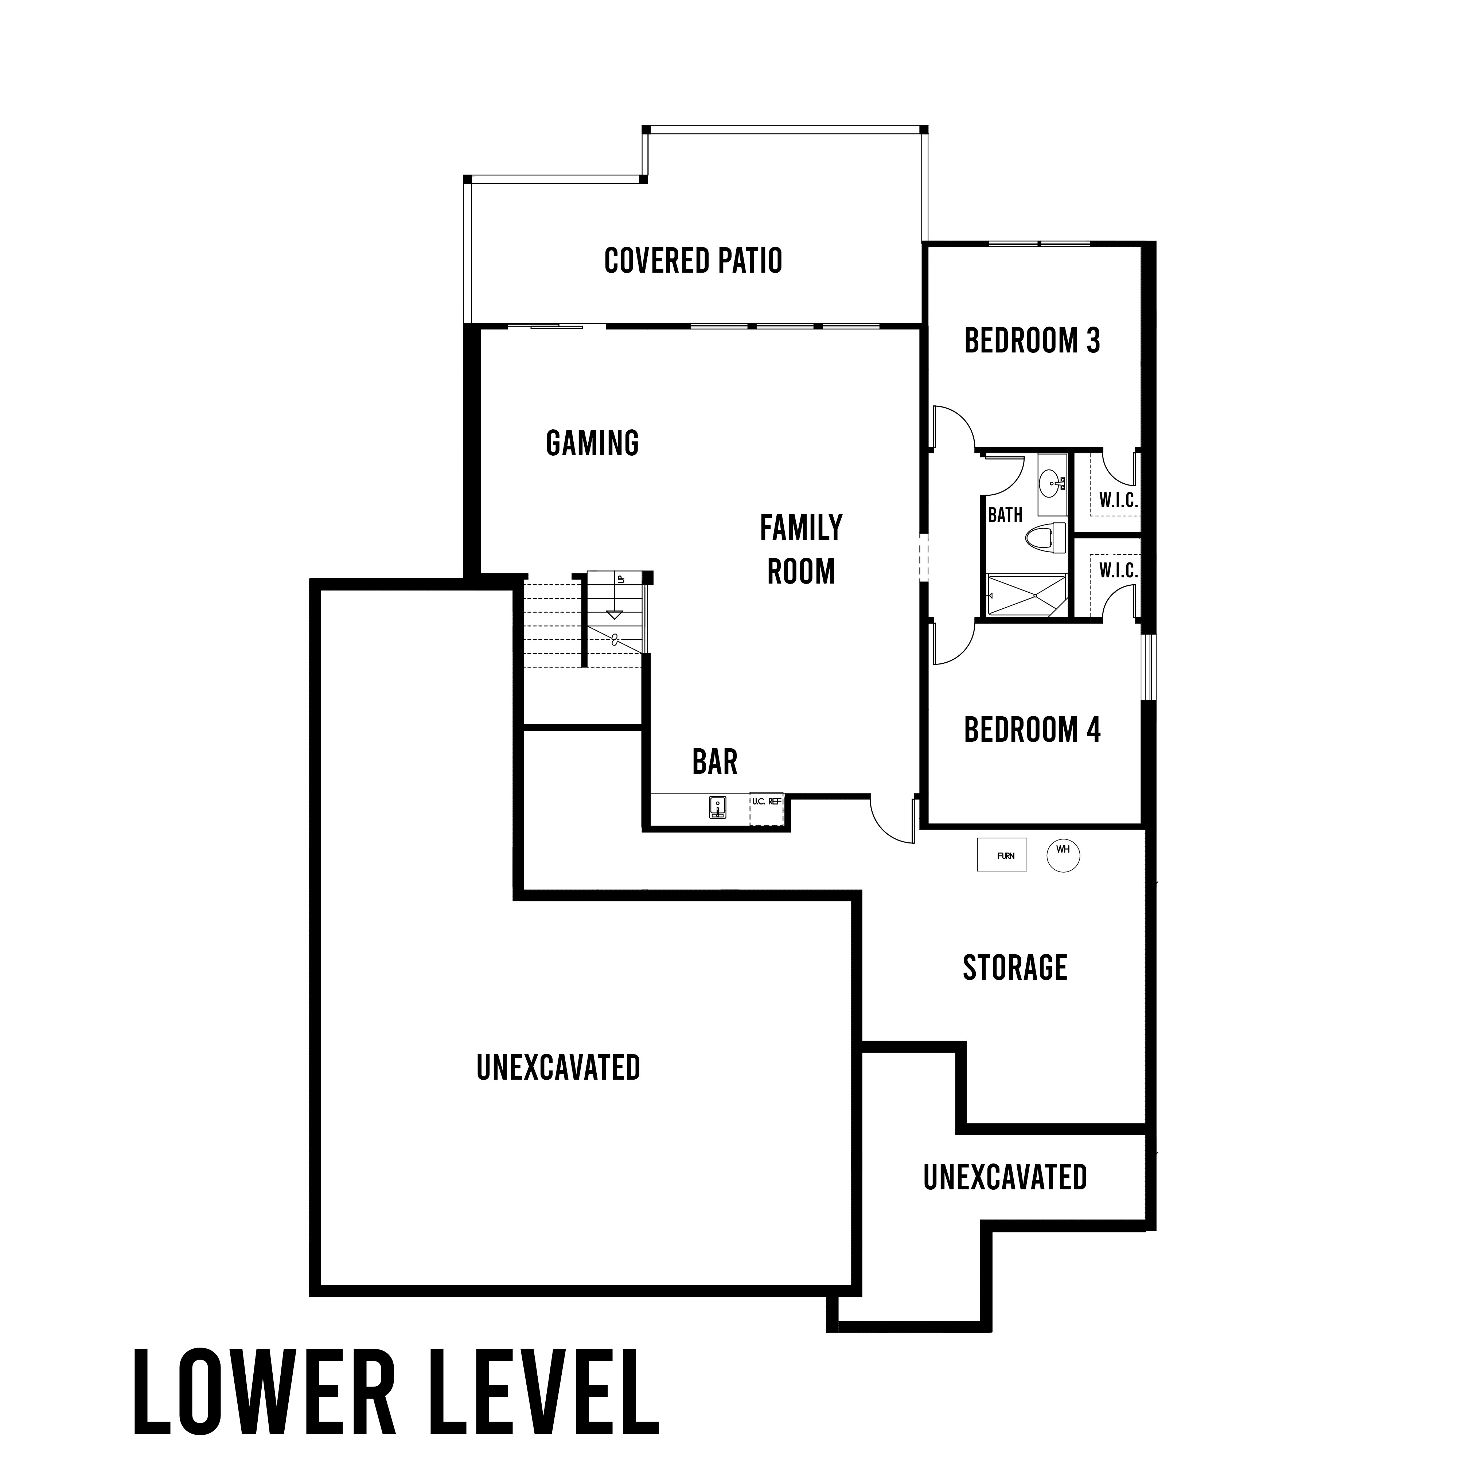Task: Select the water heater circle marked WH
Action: tap(1063, 856)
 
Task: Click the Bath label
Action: tap(1005, 515)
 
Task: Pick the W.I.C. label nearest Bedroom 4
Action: tap(1118, 570)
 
